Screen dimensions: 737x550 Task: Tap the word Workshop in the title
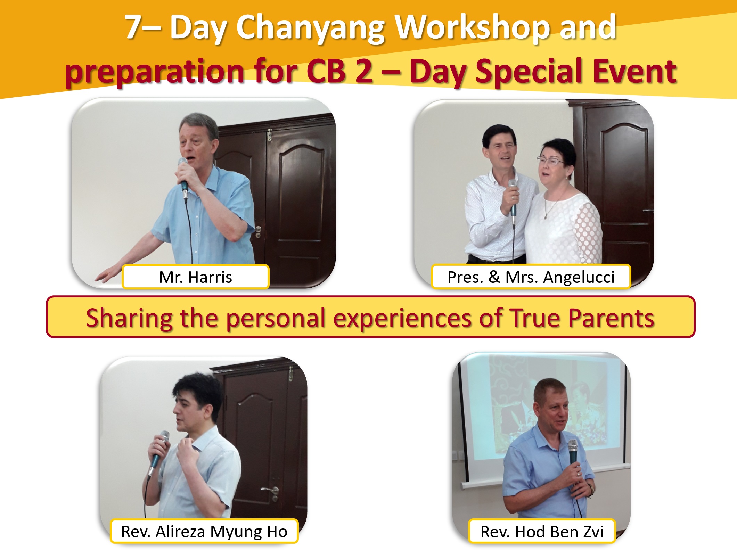pyautogui.click(x=473, y=28)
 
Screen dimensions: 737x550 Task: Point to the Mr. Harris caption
pyautogui.click(x=195, y=277)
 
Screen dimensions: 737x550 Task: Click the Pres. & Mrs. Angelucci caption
pyautogui.click(x=531, y=277)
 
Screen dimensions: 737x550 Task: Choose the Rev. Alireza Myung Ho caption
pyautogui.click(x=204, y=532)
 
